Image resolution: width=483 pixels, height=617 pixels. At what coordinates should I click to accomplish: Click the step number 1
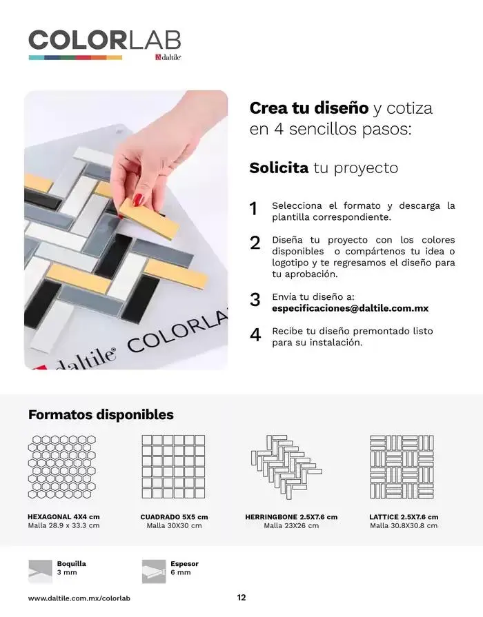pyautogui.click(x=253, y=209)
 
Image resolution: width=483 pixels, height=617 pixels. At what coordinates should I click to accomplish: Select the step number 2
pyautogui.click(x=255, y=243)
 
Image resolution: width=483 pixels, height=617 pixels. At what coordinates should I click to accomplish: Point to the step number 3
pyautogui.click(x=255, y=299)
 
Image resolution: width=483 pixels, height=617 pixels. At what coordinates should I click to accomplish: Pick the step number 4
pyautogui.click(x=255, y=334)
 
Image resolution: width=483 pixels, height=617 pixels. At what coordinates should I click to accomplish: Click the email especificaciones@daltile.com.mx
pyautogui.click(x=350, y=308)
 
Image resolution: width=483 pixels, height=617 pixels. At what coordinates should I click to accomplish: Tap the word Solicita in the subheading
pyautogui.click(x=278, y=168)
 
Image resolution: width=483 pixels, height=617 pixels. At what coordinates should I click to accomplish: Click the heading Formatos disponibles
pyautogui.click(x=101, y=414)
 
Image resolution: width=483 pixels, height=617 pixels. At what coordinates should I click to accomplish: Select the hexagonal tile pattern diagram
pyautogui.click(x=62, y=467)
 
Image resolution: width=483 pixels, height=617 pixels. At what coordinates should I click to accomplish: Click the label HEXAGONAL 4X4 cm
pyautogui.click(x=63, y=516)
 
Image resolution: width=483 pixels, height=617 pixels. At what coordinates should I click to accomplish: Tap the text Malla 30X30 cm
pyautogui.click(x=174, y=525)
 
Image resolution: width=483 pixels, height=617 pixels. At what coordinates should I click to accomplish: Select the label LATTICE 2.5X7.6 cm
pyautogui.click(x=404, y=516)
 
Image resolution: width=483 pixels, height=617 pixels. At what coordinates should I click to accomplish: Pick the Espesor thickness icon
pyautogui.click(x=154, y=570)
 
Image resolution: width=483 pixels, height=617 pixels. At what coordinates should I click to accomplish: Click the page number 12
pyautogui.click(x=241, y=598)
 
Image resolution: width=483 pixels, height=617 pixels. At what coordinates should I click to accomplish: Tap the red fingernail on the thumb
pyautogui.click(x=139, y=199)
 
